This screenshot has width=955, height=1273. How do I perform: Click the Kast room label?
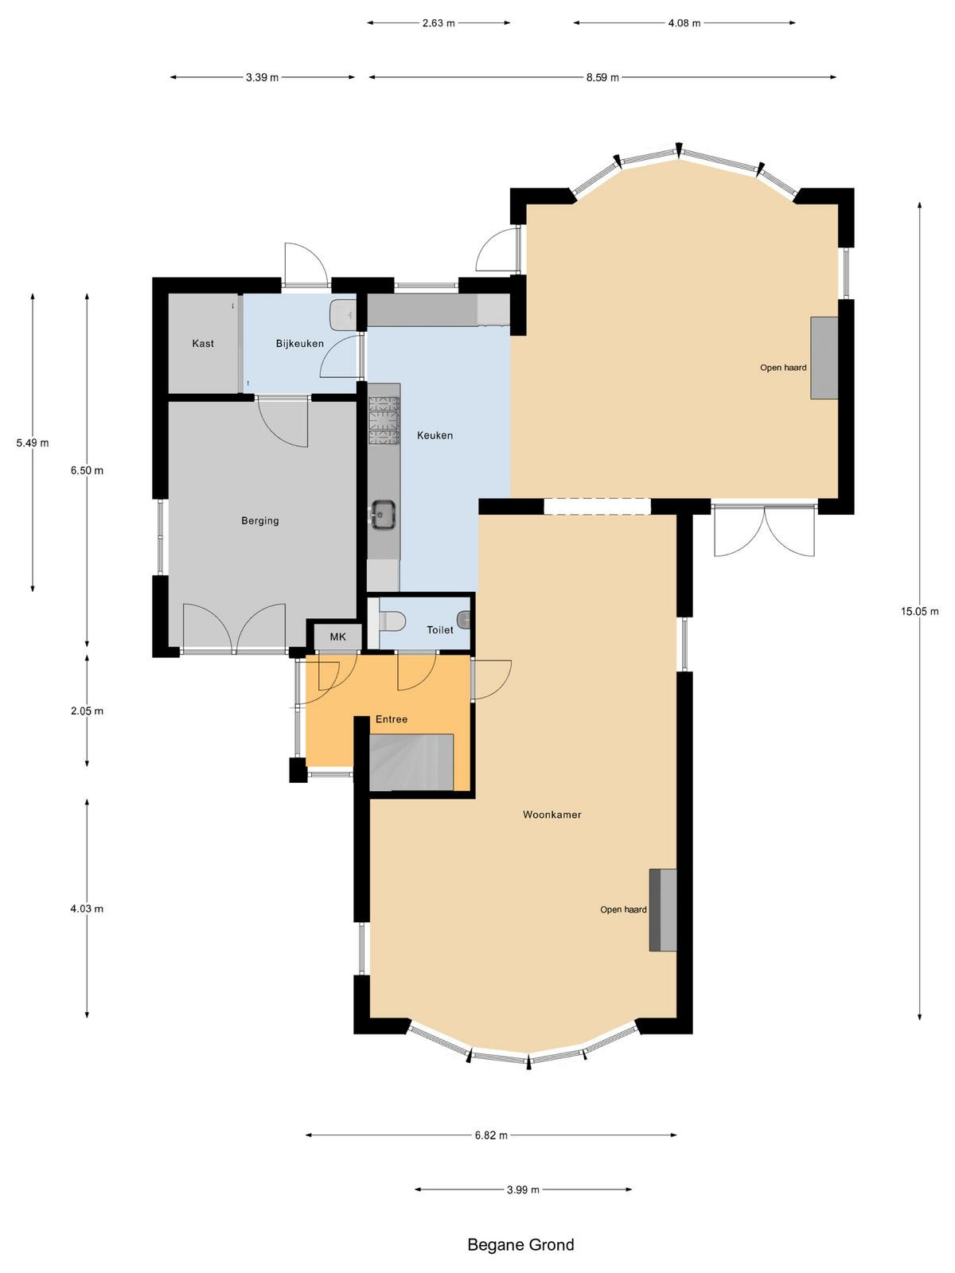(x=203, y=344)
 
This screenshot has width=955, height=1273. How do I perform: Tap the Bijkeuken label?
(x=300, y=344)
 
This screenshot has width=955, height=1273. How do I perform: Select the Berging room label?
(x=259, y=521)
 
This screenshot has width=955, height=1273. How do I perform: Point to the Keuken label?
(x=435, y=435)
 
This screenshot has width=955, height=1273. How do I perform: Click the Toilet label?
(x=440, y=630)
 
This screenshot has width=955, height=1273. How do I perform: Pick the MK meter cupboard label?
(x=338, y=636)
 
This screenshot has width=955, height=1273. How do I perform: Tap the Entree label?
(x=392, y=719)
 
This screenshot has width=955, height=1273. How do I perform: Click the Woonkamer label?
(x=552, y=814)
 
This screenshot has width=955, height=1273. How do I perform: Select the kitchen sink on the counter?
(x=384, y=514)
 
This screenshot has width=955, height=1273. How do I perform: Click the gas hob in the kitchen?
(x=384, y=420)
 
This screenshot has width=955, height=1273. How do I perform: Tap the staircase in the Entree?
(x=411, y=761)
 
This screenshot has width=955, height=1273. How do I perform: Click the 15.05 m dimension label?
(x=920, y=611)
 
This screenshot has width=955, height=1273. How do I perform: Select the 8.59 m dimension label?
(x=602, y=77)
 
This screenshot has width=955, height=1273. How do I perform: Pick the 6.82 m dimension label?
(x=491, y=1135)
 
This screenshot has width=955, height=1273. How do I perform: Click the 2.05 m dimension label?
(x=88, y=711)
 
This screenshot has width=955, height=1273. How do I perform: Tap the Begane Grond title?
(x=520, y=1244)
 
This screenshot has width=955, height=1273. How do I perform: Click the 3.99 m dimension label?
(x=523, y=1189)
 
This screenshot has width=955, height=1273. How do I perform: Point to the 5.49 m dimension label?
(x=33, y=443)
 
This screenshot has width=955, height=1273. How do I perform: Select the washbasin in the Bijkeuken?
(x=342, y=314)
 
